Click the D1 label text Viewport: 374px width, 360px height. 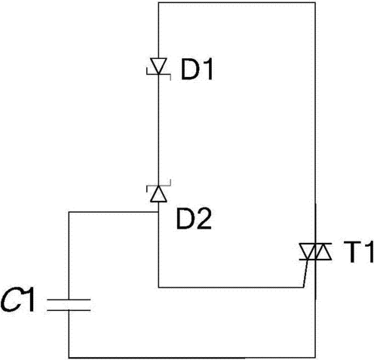click(x=197, y=70)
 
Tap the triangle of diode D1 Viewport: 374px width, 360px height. click(x=158, y=66)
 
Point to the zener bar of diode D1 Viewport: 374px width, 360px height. click(x=158, y=74)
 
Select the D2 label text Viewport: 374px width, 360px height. click(x=194, y=219)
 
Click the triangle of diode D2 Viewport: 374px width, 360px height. click(x=158, y=194)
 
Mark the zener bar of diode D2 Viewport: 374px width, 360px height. click(x=158, y=186)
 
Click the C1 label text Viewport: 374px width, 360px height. click(x=17, y=301)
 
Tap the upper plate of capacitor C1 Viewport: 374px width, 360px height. click(x=69, y=300)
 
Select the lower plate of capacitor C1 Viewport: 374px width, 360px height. click(x=69, y=310)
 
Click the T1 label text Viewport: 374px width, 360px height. click(x=357, y=252)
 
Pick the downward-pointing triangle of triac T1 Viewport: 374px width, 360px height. click(x=308, y=251)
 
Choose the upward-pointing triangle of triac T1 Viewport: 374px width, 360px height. click(x=323, y=251)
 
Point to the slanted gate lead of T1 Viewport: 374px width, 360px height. click(x=305, y=273)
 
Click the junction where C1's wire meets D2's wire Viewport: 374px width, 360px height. click(x=158, y=212)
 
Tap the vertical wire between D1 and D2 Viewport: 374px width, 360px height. click(x=158, y=130)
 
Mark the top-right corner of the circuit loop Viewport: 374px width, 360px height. click(x=315, y=2)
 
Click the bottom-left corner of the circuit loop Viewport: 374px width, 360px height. click(x=69, y=357)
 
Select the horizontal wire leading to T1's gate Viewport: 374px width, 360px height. click(x=231, y=287)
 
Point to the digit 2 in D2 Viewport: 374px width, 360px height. click(x=204, y=219)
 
